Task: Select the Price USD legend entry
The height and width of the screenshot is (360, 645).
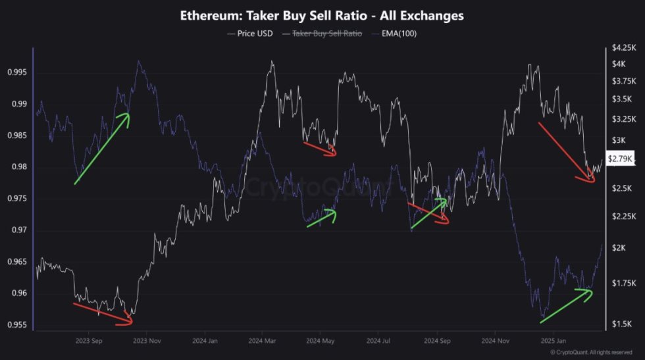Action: click(250, 33)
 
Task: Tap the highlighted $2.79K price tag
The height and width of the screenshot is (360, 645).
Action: click(620, 159)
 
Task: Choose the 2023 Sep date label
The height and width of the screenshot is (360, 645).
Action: click(89, 341)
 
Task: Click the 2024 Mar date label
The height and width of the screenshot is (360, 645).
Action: click(263, 341)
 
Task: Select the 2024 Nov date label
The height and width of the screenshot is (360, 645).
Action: click(496, 341)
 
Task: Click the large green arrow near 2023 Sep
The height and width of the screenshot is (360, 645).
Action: click(102, 149)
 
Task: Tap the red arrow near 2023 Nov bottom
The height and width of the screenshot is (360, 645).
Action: click(103, 313)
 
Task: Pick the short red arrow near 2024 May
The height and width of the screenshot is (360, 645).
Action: click(320, 149)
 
